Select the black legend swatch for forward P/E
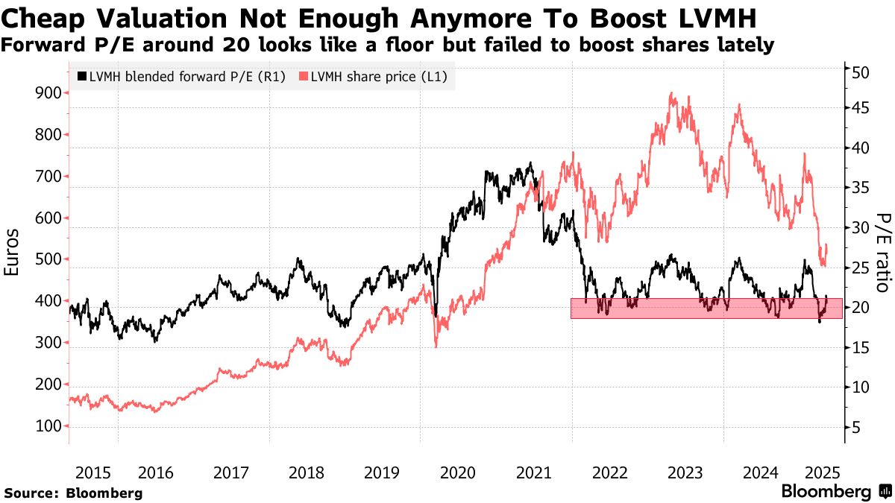point(81,76)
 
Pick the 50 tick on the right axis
point(861,73)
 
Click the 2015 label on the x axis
point(92,472)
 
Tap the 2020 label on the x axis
point(458,472)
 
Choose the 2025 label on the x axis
point(823,472)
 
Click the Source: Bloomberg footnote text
point(73,493)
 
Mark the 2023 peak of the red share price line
point(673,94)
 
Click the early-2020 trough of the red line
point(436,346)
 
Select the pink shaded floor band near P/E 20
point(706,309)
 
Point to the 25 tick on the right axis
point(861,268)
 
